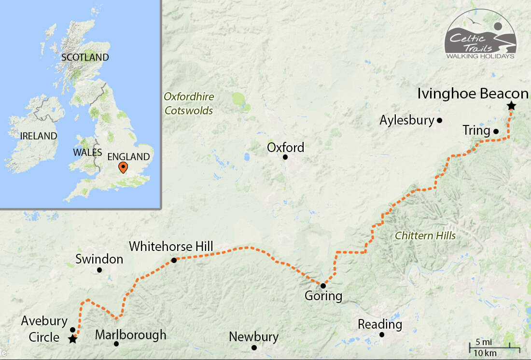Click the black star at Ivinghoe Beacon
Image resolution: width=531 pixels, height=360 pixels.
511,106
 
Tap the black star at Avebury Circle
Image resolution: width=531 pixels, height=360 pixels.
72,339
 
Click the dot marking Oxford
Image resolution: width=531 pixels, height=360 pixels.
285,157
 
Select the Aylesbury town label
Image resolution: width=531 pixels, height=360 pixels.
406,120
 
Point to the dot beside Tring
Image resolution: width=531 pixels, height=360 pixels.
496,131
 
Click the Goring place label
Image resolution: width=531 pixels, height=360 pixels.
323,296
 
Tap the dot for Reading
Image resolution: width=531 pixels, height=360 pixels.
382,334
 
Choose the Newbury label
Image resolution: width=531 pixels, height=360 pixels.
253,337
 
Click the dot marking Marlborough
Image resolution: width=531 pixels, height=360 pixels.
116,344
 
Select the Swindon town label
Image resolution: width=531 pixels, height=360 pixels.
99,259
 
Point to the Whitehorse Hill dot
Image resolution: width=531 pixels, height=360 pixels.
174,261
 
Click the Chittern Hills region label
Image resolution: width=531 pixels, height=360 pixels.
425,236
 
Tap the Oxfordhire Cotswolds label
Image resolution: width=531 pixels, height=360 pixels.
189,103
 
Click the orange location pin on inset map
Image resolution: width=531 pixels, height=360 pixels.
123,167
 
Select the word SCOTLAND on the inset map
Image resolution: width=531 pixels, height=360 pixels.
85,57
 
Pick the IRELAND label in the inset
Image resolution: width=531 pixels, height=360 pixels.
39,136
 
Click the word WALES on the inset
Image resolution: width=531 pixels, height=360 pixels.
87,152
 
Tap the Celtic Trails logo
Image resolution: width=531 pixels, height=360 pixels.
480,35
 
